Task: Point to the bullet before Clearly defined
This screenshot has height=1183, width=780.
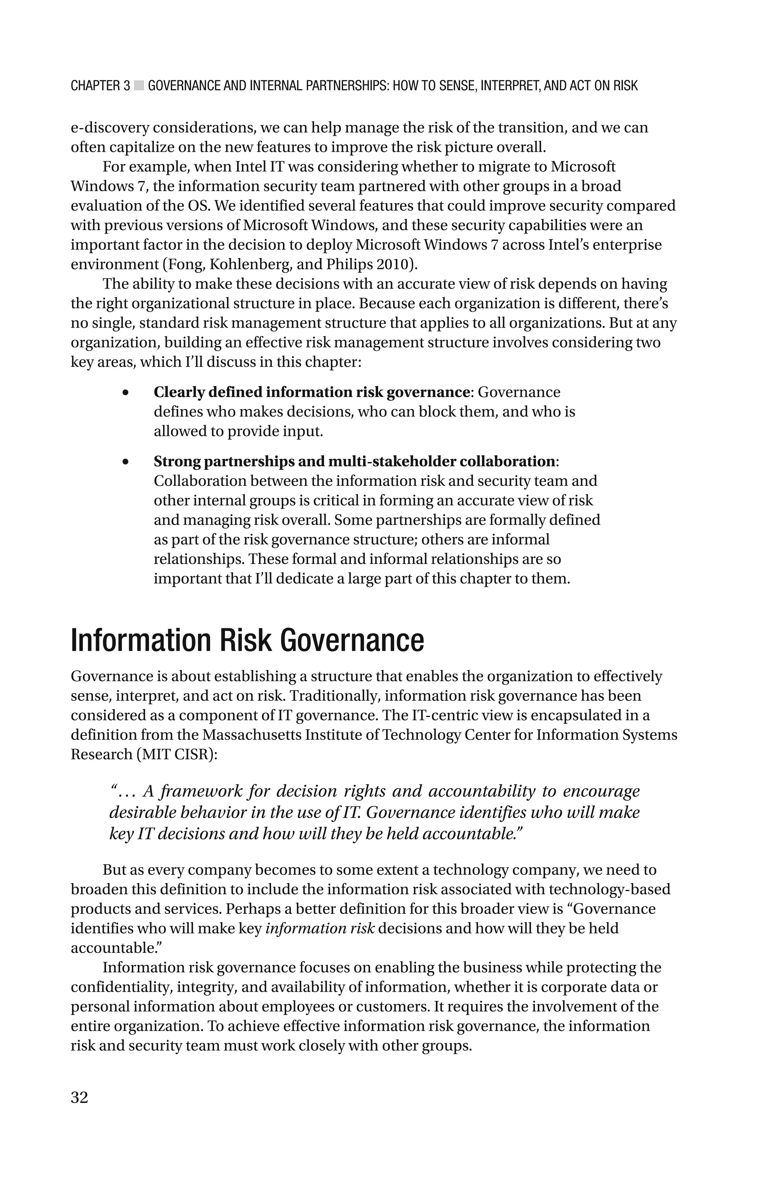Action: click(125, 393)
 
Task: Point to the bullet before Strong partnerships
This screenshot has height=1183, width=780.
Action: click(125, 462)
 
